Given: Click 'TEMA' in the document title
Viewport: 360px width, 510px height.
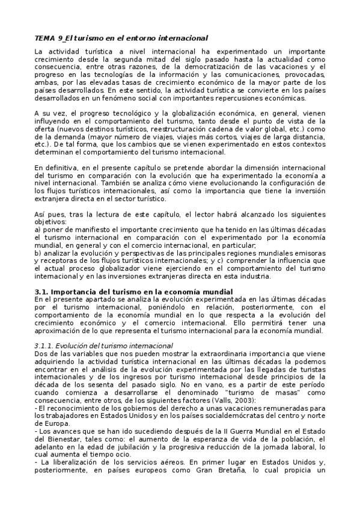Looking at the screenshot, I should [x=44, y=38].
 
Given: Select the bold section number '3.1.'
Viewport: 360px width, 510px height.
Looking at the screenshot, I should [x=44, y=291].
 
